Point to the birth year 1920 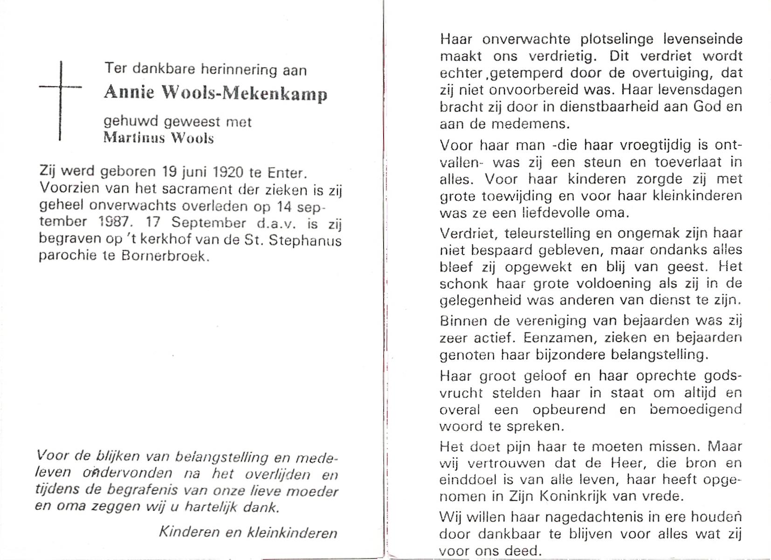[228, 173]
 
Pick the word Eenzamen [554, 337]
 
